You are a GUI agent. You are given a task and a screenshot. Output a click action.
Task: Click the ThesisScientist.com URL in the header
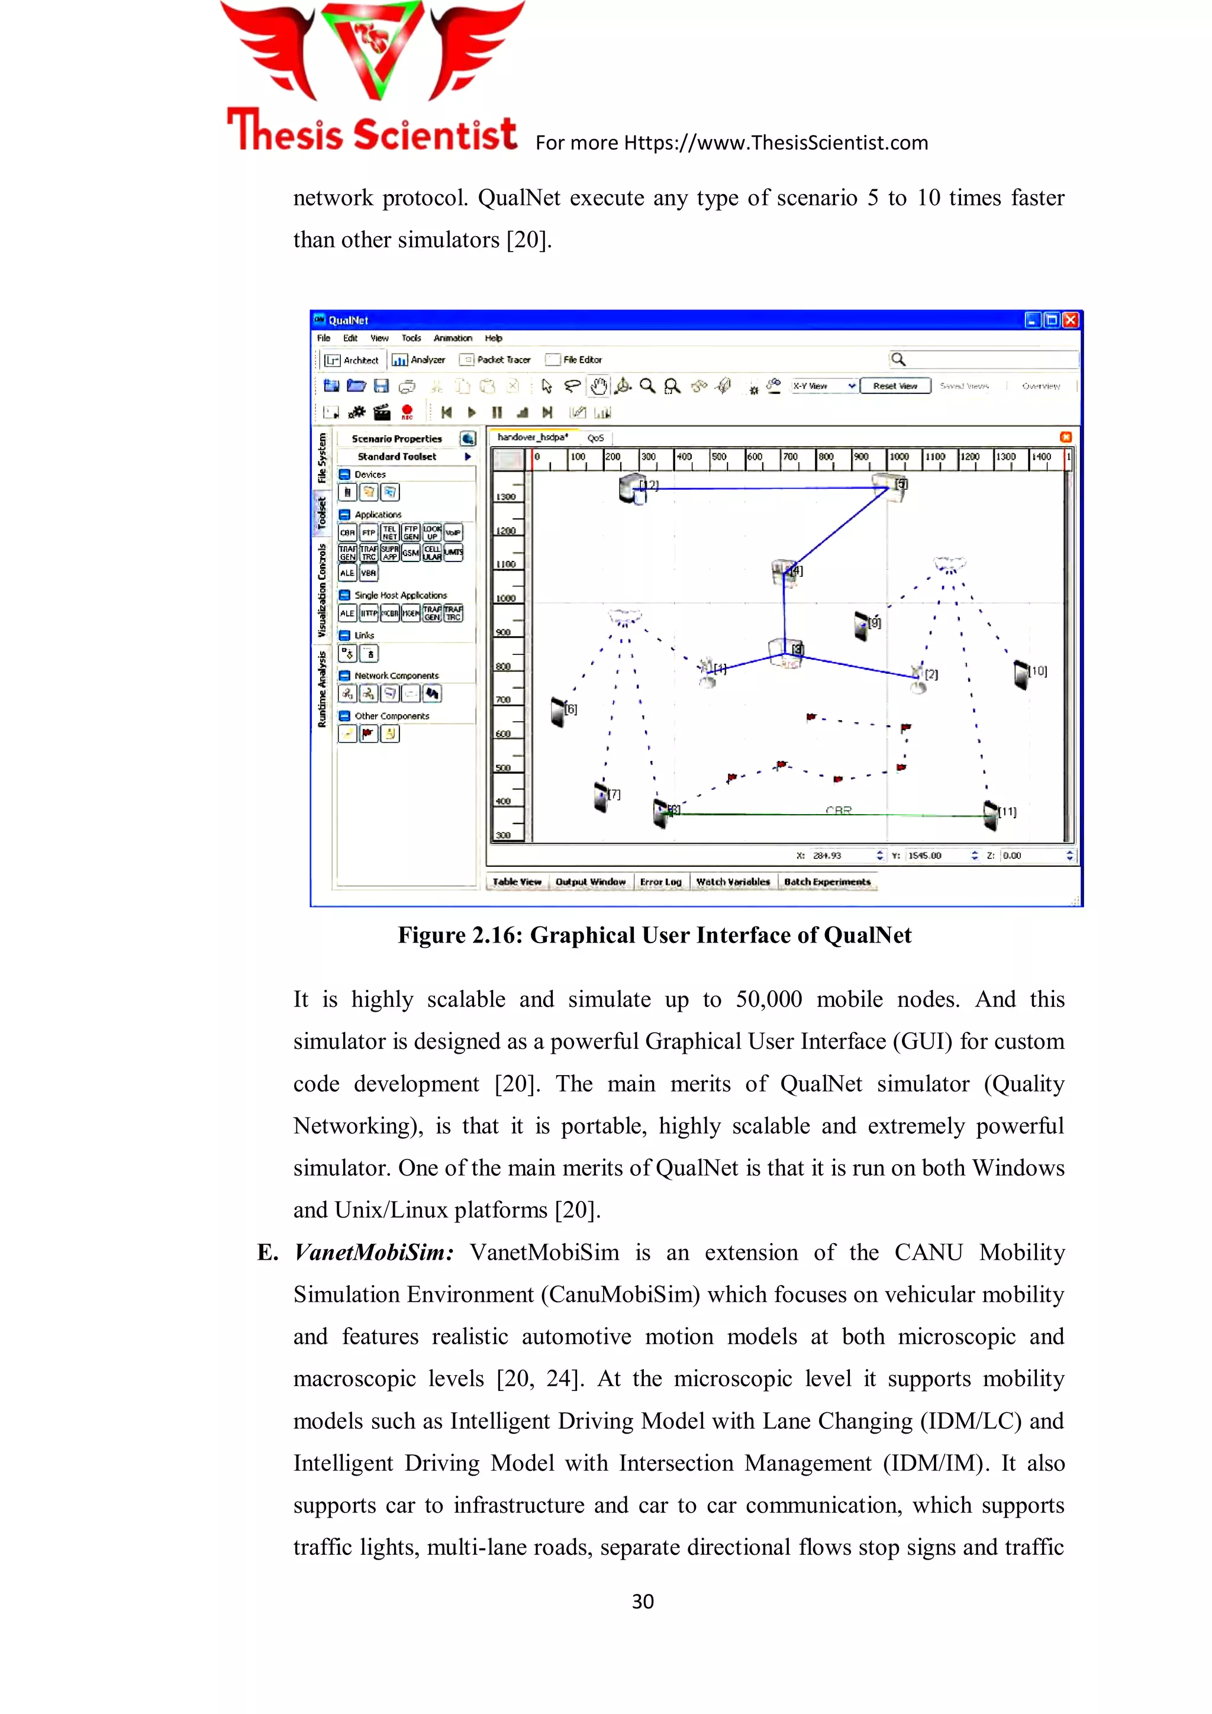775,143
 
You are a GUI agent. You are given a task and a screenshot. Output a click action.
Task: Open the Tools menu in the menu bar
411,338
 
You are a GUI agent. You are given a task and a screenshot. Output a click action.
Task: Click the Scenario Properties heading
397,439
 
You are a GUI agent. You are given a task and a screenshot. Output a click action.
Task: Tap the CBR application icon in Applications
347,533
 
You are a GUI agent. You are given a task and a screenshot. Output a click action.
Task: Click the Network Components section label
397,676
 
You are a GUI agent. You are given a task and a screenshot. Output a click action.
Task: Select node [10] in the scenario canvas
1021,674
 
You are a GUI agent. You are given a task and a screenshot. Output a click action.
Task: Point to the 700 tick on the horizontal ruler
790,457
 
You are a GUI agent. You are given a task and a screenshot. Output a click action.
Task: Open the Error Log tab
660,882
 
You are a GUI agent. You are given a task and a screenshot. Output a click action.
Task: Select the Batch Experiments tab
827,882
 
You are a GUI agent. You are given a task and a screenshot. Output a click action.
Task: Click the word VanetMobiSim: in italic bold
373,1253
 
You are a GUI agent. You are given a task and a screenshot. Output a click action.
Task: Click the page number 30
642,1601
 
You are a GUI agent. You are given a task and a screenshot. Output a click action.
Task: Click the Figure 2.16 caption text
654,935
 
